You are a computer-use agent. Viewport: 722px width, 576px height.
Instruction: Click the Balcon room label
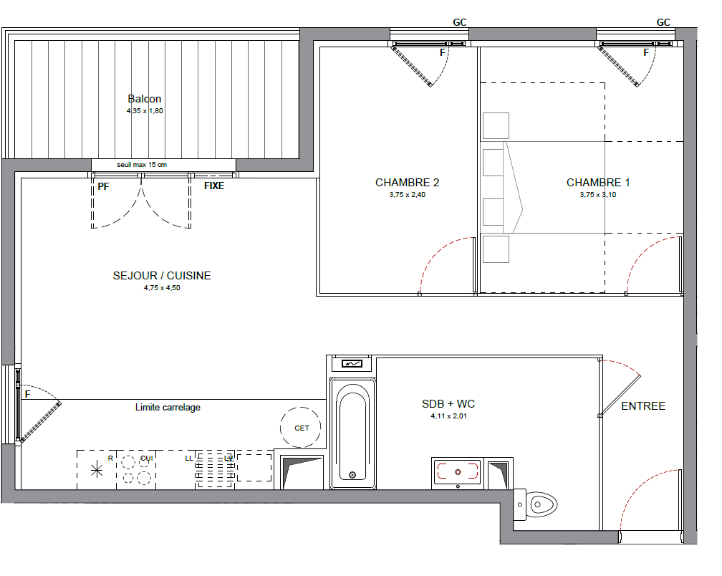tap(145, 99)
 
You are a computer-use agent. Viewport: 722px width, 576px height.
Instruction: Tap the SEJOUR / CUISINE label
tap(162, 275)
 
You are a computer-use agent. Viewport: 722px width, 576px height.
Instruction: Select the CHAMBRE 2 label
tap(407, 183)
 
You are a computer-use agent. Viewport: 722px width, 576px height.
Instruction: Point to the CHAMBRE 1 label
tap(598, 183)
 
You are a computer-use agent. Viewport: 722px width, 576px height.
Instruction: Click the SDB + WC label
tap(448, 404)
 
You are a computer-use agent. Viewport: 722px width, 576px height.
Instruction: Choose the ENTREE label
tap(643, 405)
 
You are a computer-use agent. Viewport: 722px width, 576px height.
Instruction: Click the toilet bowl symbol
tap(541, 504)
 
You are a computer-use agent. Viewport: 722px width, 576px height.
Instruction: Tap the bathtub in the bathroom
tap(352, 433)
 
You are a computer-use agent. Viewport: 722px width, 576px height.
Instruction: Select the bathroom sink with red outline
tap(458, 472)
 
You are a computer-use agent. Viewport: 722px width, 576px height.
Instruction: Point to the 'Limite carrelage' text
tap(168, 407)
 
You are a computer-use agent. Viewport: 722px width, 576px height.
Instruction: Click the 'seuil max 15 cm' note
tap(142, 164)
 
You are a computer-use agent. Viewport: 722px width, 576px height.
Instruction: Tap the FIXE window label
tap(214, 186)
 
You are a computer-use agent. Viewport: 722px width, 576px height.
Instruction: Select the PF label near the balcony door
tap(103, 186)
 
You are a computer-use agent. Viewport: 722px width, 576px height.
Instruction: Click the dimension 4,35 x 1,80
tap(145, 110)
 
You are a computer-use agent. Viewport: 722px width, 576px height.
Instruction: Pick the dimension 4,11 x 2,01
tap(448, 416)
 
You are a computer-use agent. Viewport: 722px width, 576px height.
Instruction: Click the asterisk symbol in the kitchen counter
tap(97, 470)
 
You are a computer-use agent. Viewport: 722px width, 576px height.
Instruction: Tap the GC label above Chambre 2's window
tap(460, 22)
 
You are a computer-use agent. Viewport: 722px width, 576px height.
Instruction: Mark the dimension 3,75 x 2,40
tap(407, 194)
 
